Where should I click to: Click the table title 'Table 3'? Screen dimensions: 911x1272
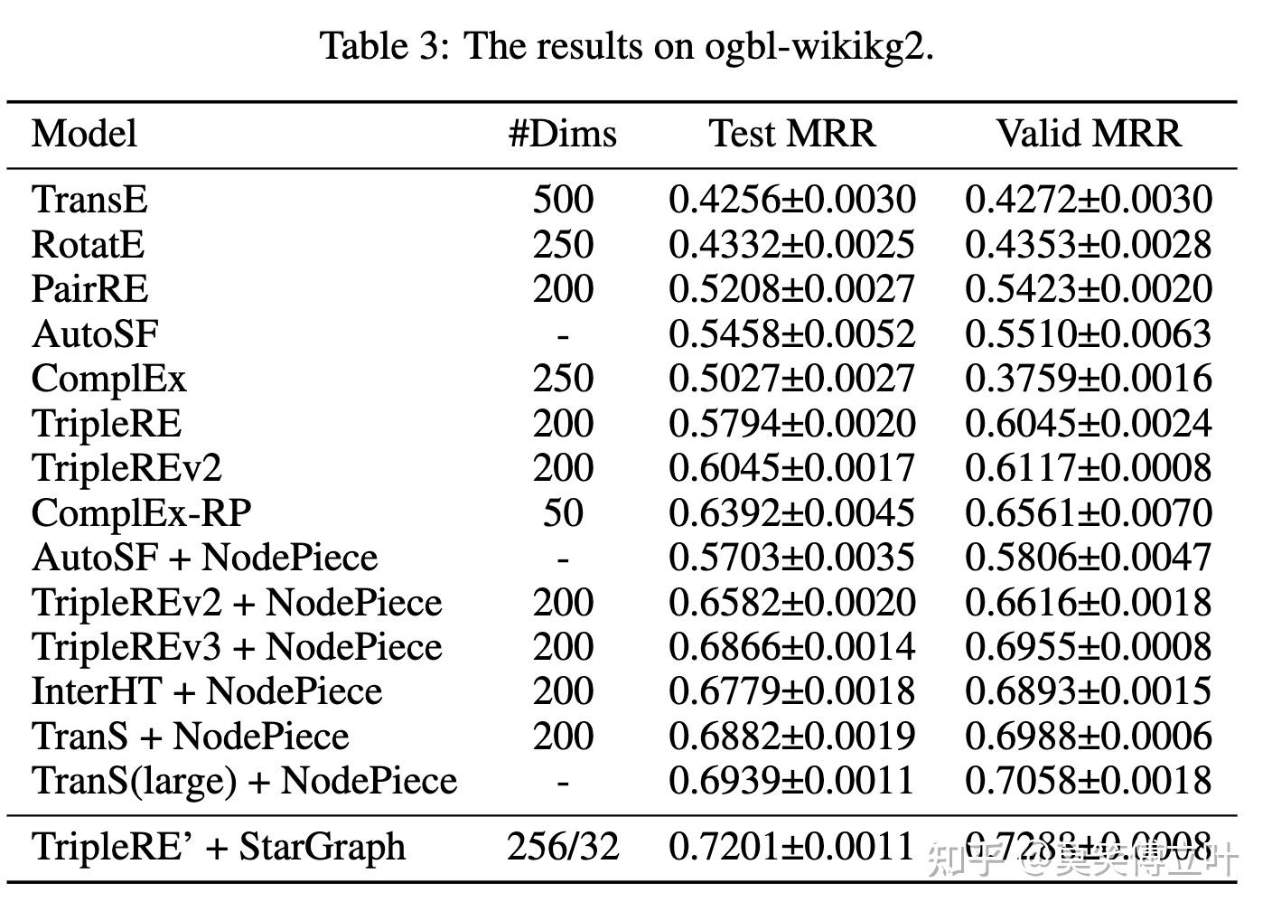coord(379,45)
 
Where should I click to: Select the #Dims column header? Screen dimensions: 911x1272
coord(562,134)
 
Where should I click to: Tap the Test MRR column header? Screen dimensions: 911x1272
coord(792,134)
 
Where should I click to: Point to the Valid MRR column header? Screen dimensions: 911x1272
coord(1089,134)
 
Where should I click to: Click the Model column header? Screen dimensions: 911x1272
coord(84,134)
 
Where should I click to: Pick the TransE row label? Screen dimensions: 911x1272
coord(89,200)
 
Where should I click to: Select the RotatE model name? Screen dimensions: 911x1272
coord(88,245)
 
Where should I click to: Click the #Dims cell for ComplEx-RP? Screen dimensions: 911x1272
coord(562,512)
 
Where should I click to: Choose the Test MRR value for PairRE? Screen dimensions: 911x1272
coord(792,289)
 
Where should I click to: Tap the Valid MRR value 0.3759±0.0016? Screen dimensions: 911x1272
coord(1089,379)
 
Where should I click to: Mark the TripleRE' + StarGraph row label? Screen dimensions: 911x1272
coord(219,847)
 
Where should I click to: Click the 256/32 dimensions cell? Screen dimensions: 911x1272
coord(562,847)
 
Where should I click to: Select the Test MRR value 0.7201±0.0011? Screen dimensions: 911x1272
coord(792,847)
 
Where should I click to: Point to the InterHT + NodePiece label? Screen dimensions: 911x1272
coord(207,691)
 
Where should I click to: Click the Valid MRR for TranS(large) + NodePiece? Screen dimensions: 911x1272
coord(1089,781)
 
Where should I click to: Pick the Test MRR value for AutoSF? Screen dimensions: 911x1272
coord(792,334)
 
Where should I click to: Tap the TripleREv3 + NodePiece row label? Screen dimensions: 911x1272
coord(237,647)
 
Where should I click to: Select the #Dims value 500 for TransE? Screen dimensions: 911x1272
coord(562,200)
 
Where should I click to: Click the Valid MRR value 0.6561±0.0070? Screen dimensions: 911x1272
coord(1089,512)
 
